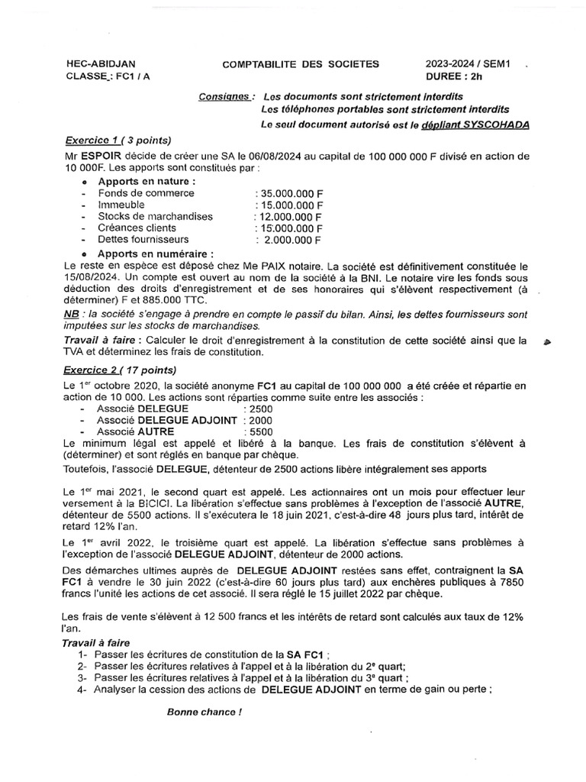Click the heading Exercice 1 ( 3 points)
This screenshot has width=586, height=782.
[118, 141]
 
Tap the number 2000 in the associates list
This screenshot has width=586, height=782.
[259, 421]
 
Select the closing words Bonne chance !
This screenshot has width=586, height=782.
[204, 713]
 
